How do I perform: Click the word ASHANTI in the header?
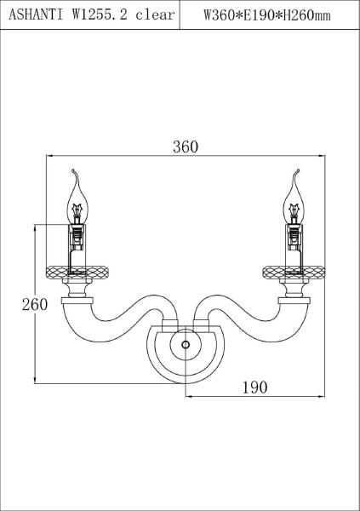[x=36, y=14]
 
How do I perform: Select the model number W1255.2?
[x=100, y=14]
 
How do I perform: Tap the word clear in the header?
[x=155, y=14]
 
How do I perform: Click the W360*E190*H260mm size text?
[x=267, y=15]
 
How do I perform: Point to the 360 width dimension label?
[x=186, y=147]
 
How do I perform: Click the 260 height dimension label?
[x=35, y=304]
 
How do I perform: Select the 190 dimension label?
[x=254, y=388]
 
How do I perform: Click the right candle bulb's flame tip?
[x=298, y=170]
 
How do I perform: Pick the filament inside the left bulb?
[x=77, y=210]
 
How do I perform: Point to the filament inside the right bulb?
[x=295, y=210]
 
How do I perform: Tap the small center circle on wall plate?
[x=186, y=344]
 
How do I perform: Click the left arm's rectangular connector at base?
[x=169, y=326]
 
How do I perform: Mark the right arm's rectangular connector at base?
[x=201, y=326]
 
